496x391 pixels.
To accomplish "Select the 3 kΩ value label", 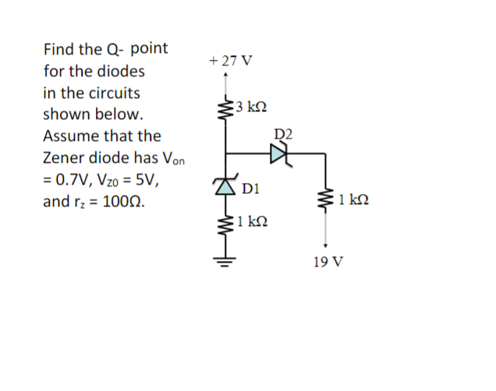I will tap(251, 107).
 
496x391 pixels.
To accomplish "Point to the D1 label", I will tap(250, 188).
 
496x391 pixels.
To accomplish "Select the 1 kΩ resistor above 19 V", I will tap(325, 202).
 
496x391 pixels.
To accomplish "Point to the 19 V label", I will tap(325, 261).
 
